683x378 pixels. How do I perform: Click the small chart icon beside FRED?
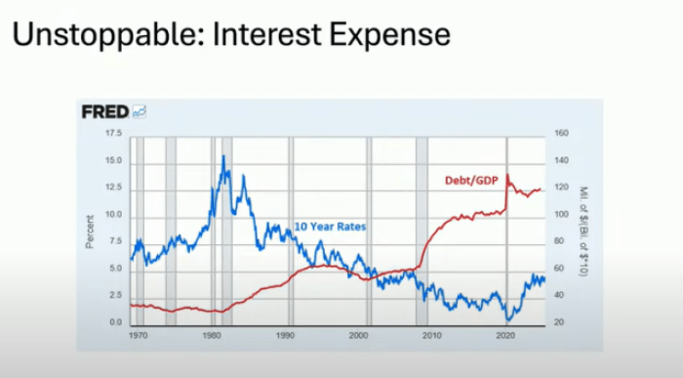coord(139,111)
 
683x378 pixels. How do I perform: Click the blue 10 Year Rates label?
coord(330,227)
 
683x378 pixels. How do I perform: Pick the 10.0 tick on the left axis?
coord(113,214)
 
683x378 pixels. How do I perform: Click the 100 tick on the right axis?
coord(560,214)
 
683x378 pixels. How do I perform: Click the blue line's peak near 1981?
coord(223,156)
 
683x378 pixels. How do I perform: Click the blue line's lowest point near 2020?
coord(508,319)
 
